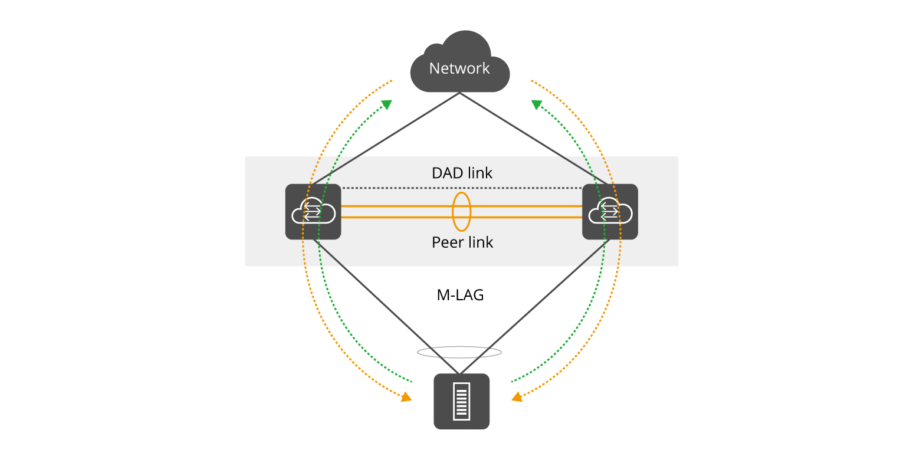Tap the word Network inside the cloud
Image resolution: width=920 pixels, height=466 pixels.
pyautogui.click(x=459, y=68)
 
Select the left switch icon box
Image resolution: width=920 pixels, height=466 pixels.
pyautogui.click(x=313, y=212)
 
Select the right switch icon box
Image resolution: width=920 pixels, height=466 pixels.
pyautogui.click(x=610, y=212)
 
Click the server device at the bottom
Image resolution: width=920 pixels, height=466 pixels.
pyautogui.click(x=461, y=401)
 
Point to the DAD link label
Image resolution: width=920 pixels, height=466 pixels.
pyautogui.click(x=462, y=173)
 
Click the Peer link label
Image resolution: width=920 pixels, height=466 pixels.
pyautogui.click(x=462, y=242)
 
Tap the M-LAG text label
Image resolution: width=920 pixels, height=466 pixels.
pyautogui.click(x=460, y=295)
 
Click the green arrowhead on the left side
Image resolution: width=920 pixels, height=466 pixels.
pyautogui.click(x=387, y=104)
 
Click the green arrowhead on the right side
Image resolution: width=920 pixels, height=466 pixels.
pyautogui.click(x=537, y=104)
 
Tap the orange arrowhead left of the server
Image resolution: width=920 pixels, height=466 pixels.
pyautogui.click(x=406, y=398)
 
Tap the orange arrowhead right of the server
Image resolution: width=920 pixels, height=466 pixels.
pyautogui.click(x=517, y=398)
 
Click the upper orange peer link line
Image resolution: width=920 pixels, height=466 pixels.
pyautogui.click(x=401, y=206)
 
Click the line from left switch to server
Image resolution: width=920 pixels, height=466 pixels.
pyautogui.click(x=383, y=304)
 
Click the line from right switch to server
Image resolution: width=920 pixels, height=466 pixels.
pyautogui.click(x=537, y=304)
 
